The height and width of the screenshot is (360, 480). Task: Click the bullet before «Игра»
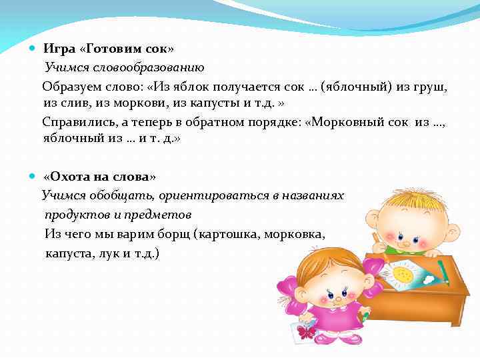[33, 49]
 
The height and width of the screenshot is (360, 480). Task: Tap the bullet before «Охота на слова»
[33, 177]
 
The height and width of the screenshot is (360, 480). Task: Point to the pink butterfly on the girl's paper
[307, 331]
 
